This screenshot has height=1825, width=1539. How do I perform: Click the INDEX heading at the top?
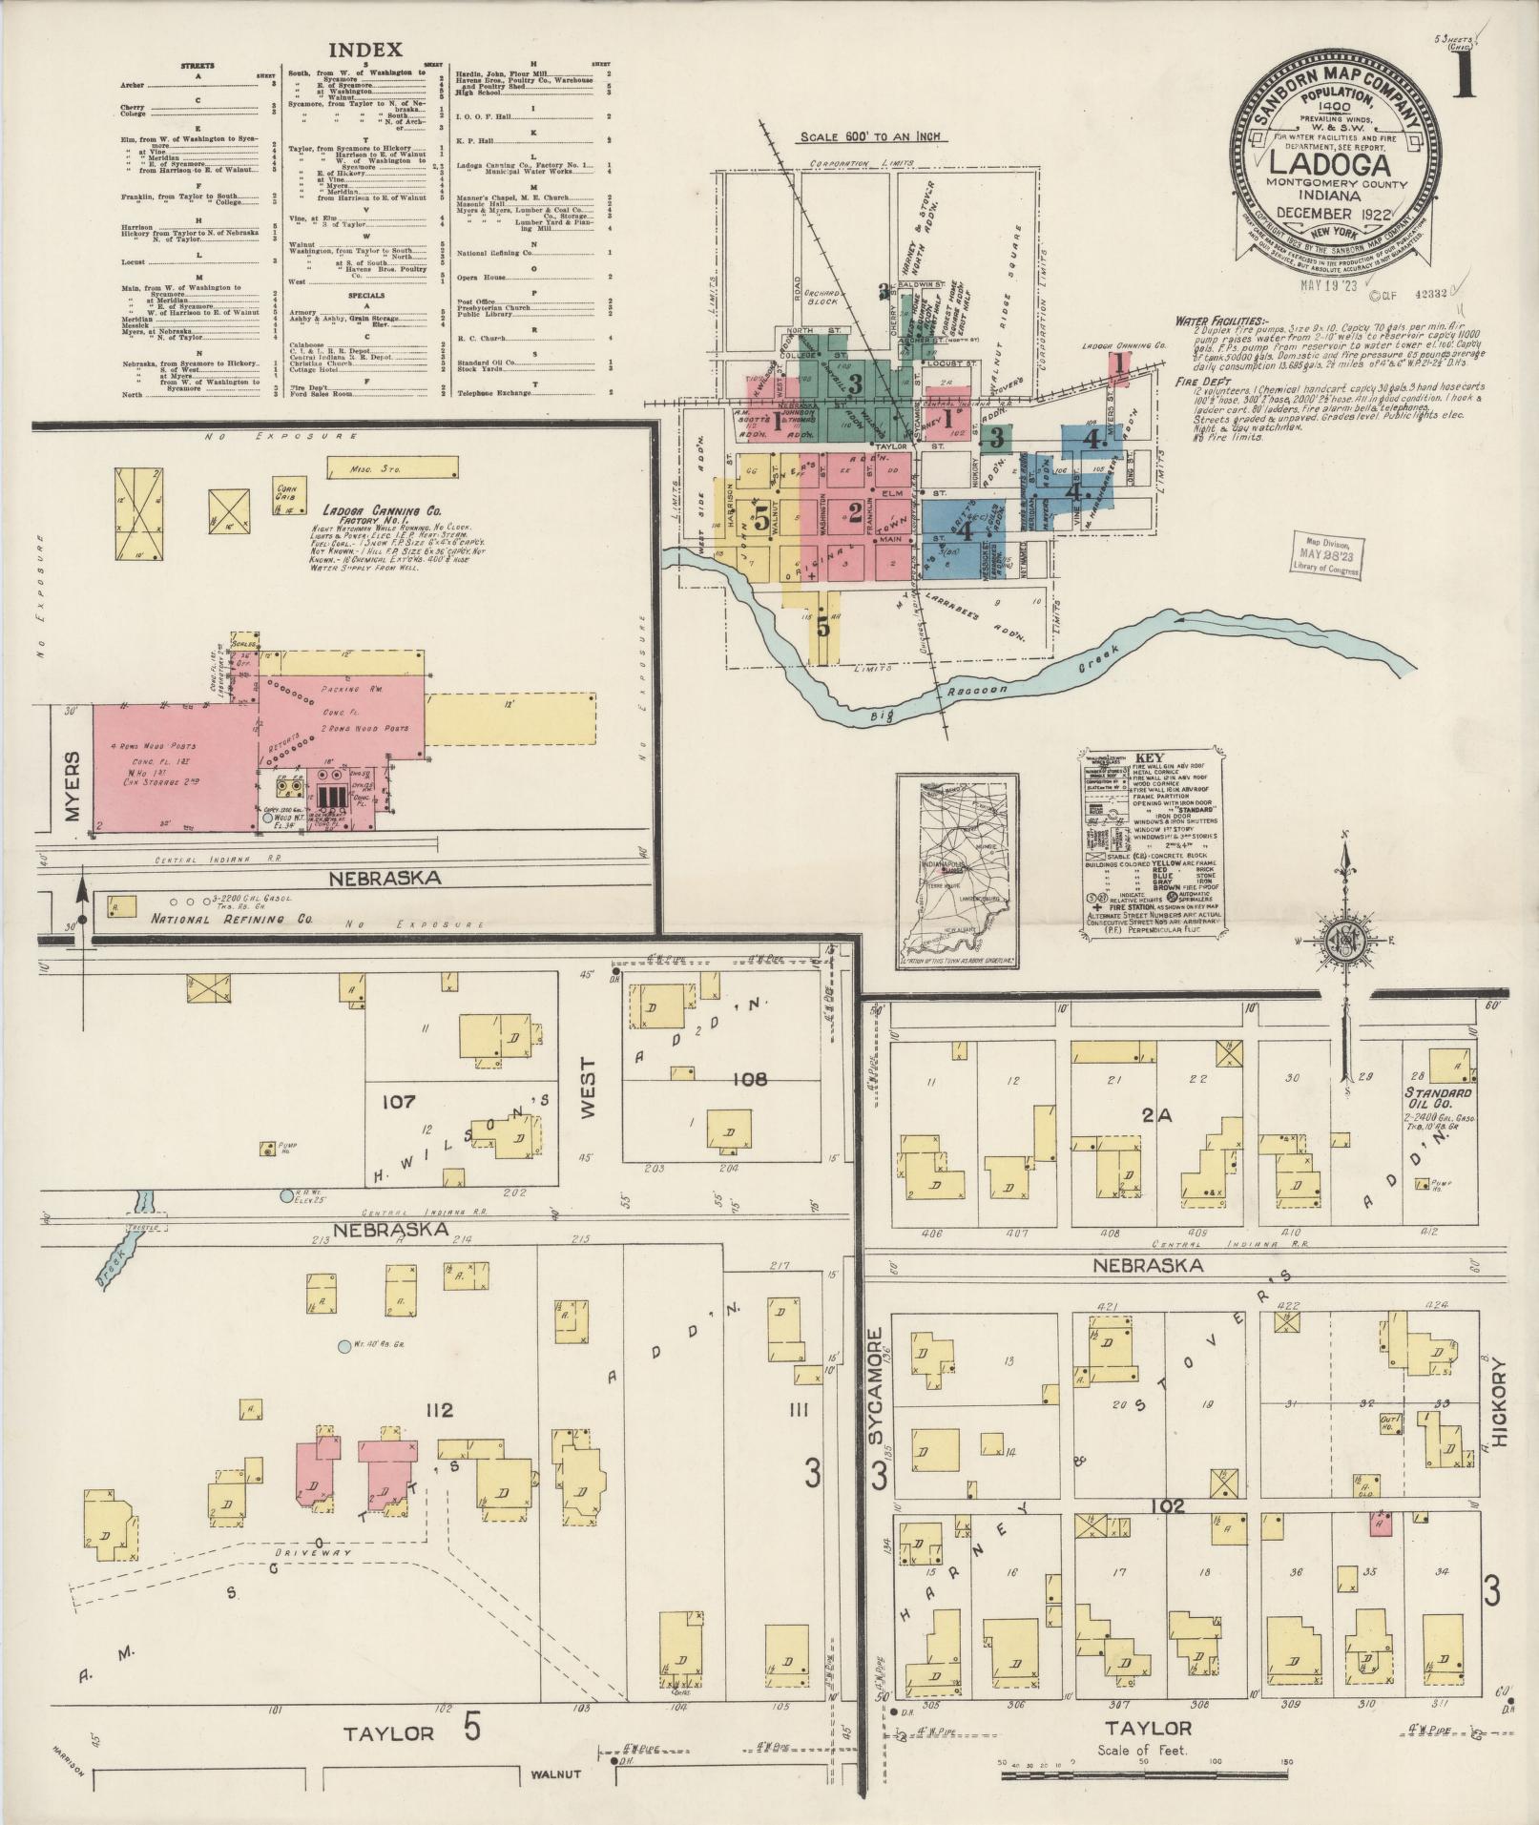pos(365,50)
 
